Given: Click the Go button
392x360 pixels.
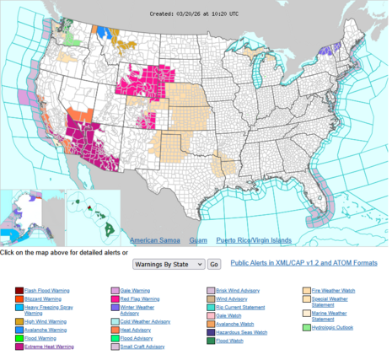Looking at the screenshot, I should (214, 264).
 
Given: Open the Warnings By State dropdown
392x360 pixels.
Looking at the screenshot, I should (169, 264).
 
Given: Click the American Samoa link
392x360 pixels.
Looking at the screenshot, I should (153, 240).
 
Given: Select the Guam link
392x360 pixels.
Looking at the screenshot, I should (199, 240).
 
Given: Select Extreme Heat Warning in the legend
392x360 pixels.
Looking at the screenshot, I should (49, 347).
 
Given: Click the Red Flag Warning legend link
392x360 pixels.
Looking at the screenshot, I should (140, 298).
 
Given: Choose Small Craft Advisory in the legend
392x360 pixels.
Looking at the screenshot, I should (145, 347).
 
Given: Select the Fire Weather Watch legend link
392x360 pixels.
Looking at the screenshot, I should (332, 291).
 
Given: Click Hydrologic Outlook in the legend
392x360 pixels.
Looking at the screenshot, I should (333, 327).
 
